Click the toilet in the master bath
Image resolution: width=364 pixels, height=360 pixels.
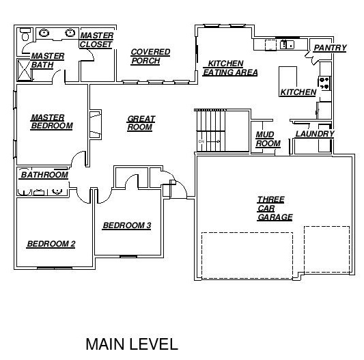pyautogui.click(x=25, y=34)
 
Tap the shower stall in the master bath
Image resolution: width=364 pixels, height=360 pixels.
pyautogui.click(x=24, y=70)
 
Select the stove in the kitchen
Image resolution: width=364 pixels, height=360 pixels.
pyautogui.click(x=324, y=83)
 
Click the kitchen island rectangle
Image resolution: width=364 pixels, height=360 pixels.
pyautogui.click(x=288, y=81)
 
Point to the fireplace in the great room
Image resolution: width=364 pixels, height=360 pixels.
pyautogui.click(x=96, y=124)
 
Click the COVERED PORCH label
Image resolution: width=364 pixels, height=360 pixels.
pyautogui.click(x=150, y=57)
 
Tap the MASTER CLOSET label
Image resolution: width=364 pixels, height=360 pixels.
pyautogui.click(x=96, y=40)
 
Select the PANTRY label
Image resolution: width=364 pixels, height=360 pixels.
pyautogui.click(x=330, y=48)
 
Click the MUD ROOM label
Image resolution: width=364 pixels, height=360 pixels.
pyautogui.click(x=268, y=139)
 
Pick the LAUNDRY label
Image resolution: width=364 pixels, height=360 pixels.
pyautogui.click(x=315, y=134)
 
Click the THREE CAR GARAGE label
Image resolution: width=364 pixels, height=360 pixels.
pyautogui.click(x=275, y=208)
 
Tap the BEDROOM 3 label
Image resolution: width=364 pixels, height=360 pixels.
pyautogui.click(x=127, y=225)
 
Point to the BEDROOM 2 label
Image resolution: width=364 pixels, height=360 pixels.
pyautogui.click(x=51, y=244)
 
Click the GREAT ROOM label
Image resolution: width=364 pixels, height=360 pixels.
pyautogui.click(x=141, y=123)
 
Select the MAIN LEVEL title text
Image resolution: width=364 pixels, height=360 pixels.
pyautogui.click(x=132, y=344)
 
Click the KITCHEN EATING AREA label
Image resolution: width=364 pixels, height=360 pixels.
pyautogui.click(x=230, y=68)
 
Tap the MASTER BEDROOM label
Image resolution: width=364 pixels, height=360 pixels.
pyautogui.click(x=52, y=122)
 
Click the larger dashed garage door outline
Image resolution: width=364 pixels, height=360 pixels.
pyautogui.click(x=247, y=255)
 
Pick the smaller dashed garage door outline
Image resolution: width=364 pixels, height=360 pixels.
pyautogui.click(x=327, y=249)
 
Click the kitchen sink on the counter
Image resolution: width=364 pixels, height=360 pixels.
pyautogui.click(x=287, y=44)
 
